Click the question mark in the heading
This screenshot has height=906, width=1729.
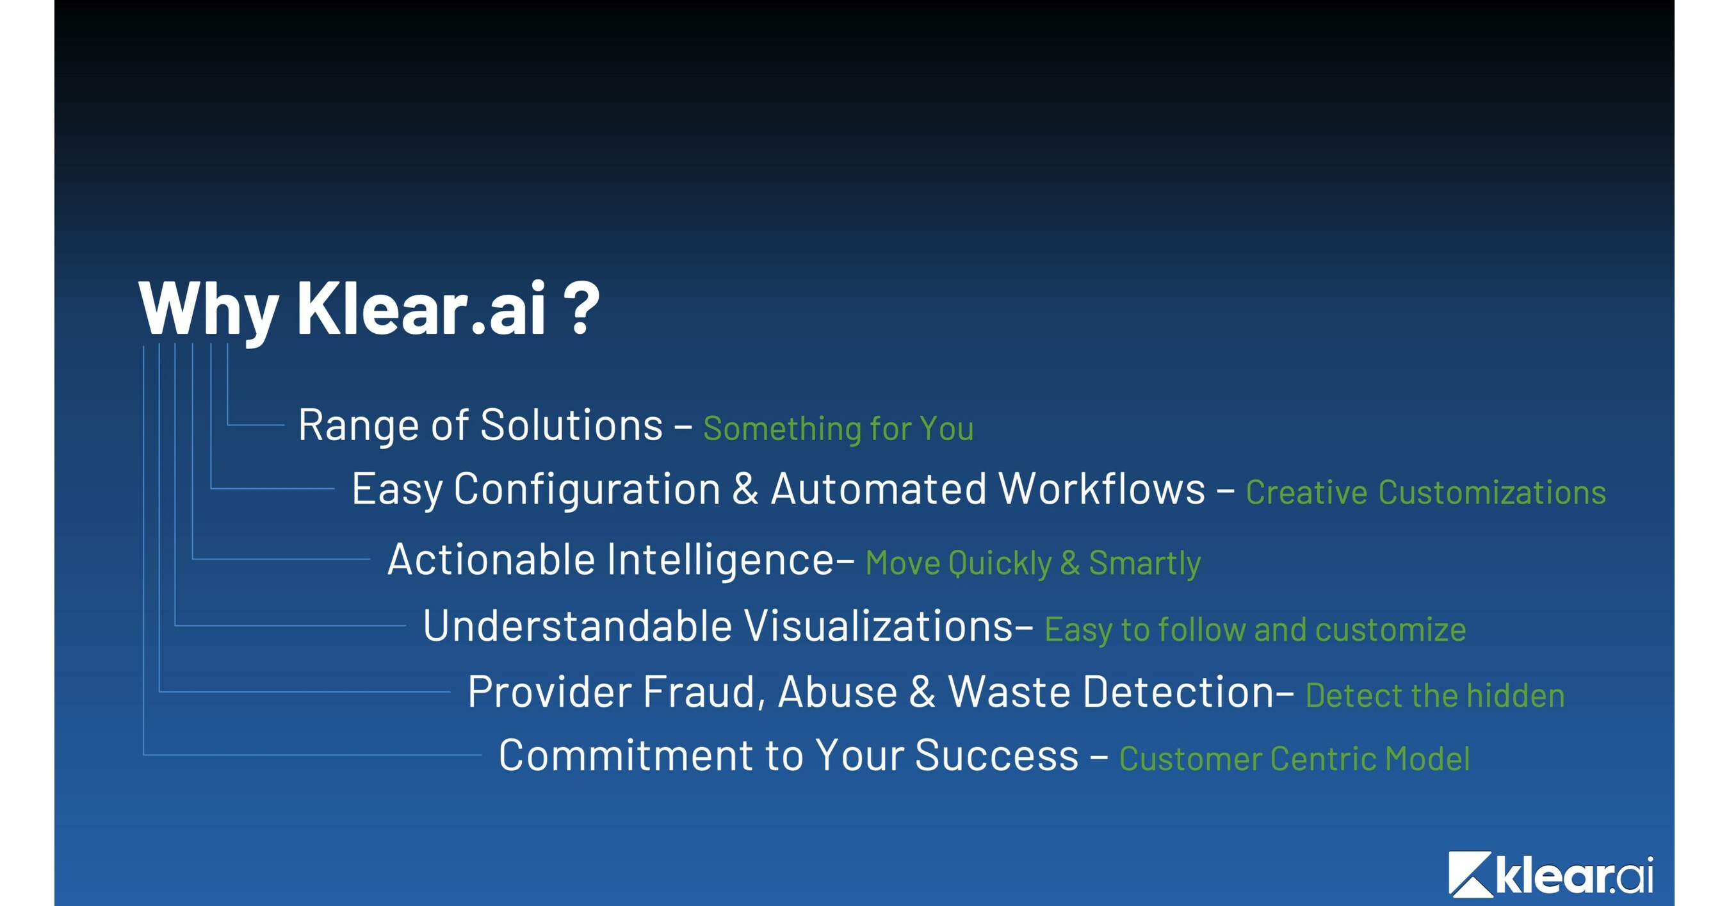pos(581,308)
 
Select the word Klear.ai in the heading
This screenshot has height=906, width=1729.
pos(421,308)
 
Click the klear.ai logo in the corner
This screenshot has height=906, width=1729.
pos(1550,874)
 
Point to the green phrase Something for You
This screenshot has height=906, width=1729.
pos(838,429)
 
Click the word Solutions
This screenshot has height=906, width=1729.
pos(571,425)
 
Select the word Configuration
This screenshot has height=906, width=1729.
pos(587,489)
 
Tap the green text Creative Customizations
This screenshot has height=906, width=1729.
pos(1425,492)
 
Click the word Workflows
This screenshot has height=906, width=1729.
pos(1101,488)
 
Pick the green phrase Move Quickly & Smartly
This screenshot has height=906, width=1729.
pos(1032,563)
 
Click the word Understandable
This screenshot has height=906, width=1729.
pos(577,626)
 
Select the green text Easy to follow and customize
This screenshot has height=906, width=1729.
pos(1254,630)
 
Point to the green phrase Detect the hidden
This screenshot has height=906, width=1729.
pos(1434,696)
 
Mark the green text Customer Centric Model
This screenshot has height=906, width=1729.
pos(1294,759)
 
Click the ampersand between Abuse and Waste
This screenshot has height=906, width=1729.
pos(922,692)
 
